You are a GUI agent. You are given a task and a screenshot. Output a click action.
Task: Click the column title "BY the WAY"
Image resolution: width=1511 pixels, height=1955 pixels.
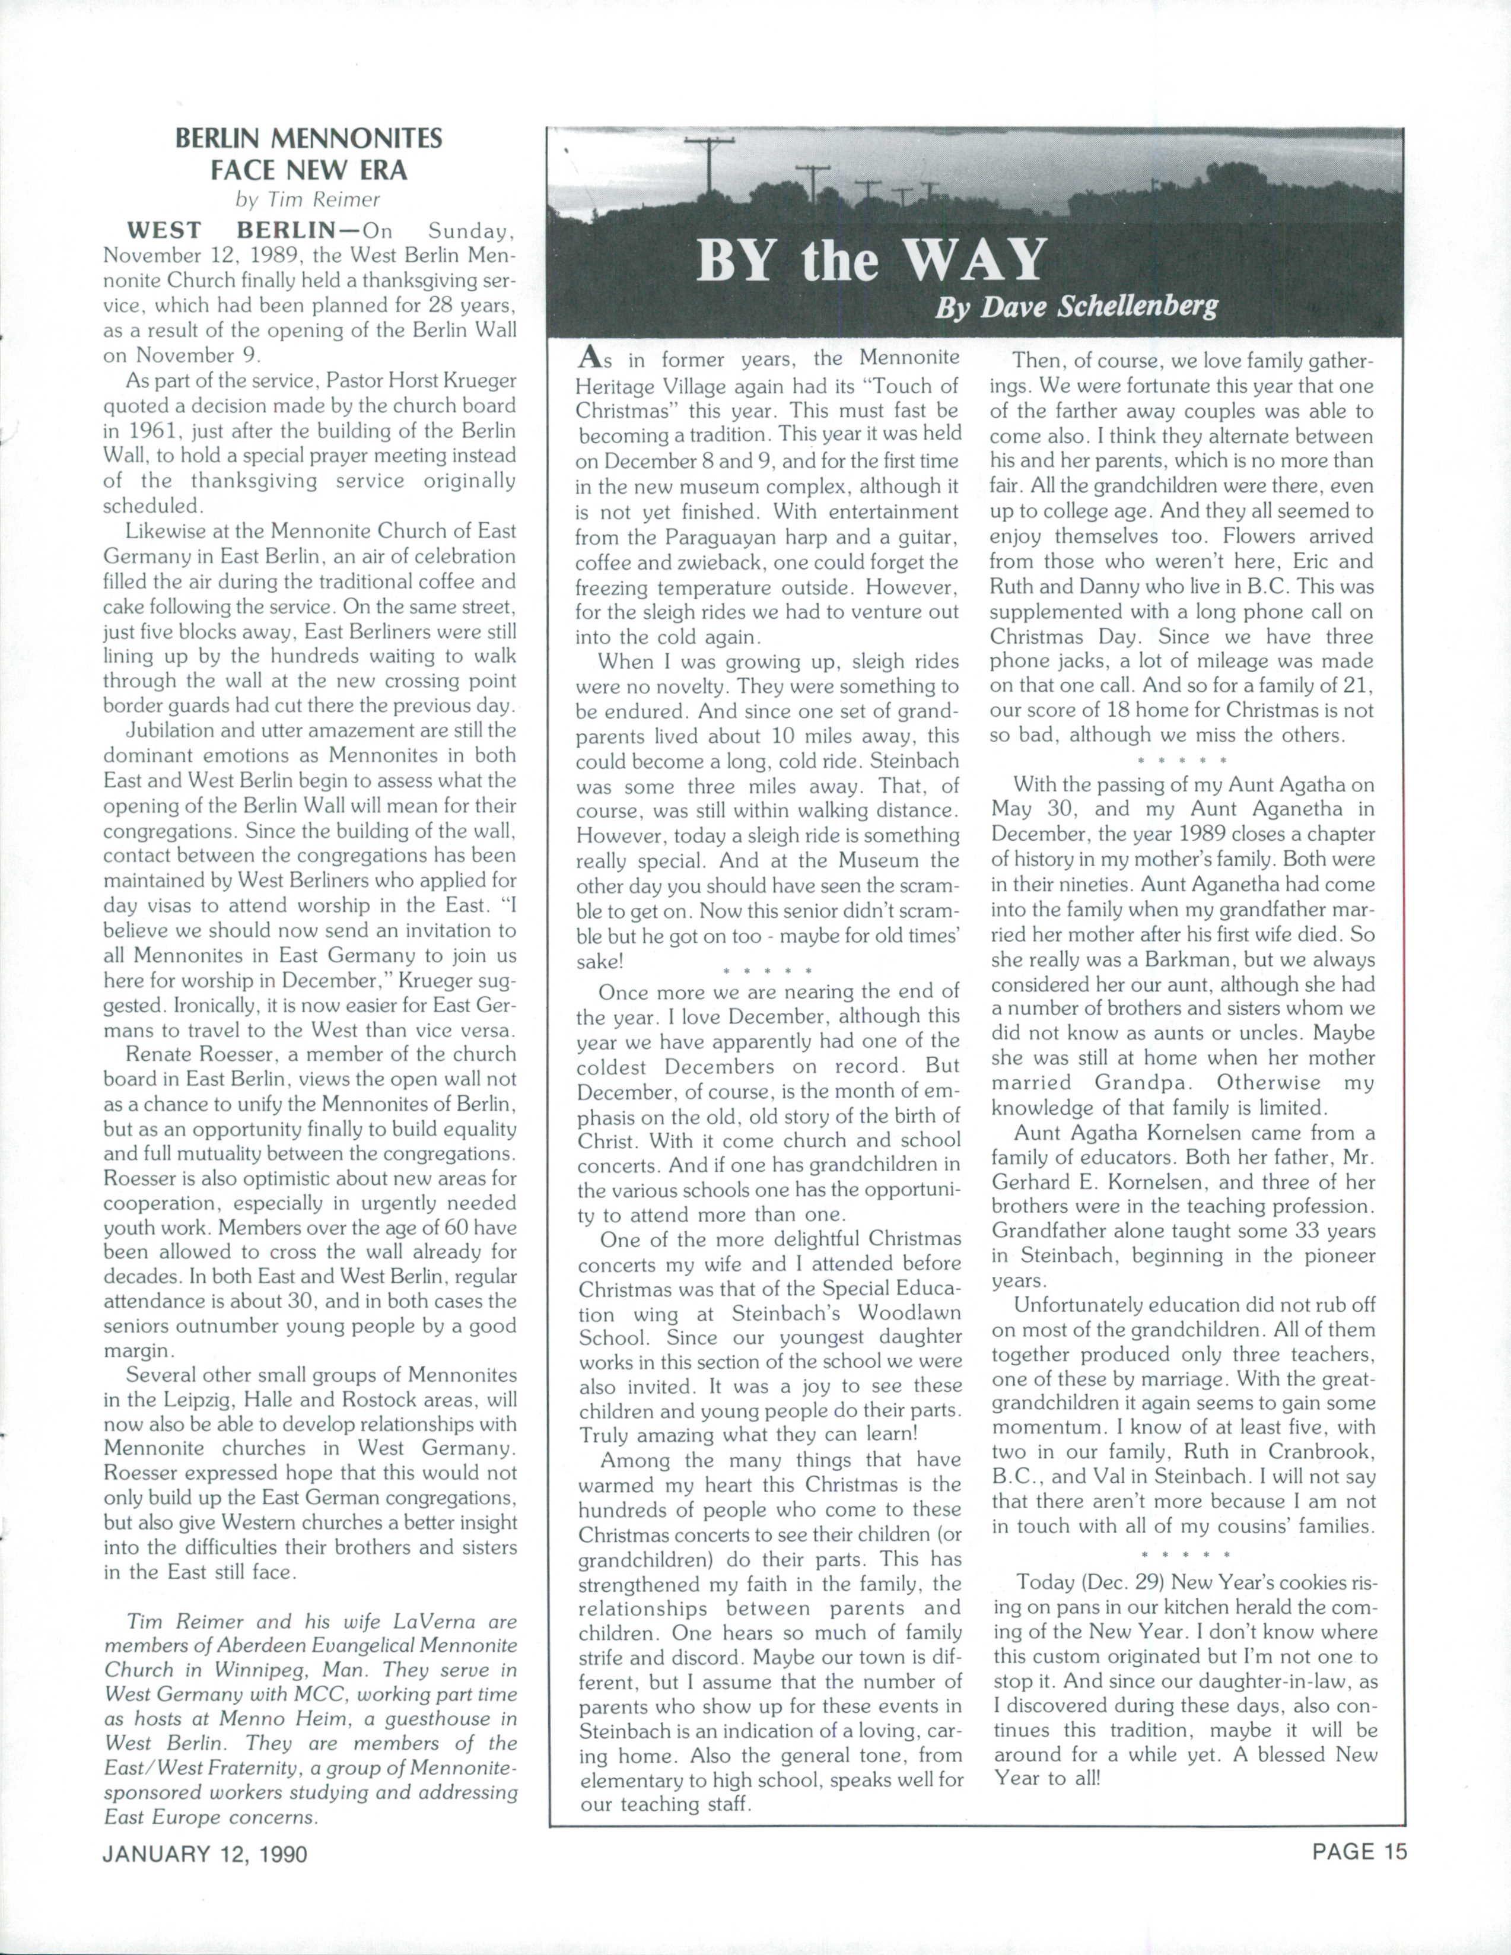pos(870,260)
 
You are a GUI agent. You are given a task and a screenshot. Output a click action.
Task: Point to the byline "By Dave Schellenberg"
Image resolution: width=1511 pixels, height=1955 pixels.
pos(1076,307)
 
